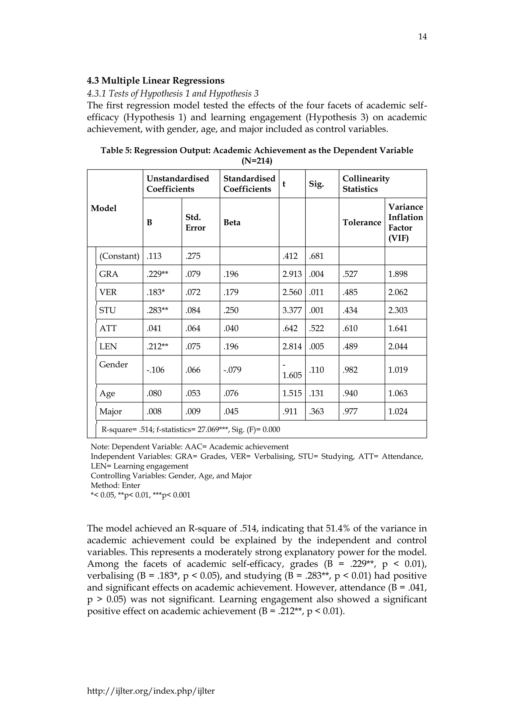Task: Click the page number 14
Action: pos(422,37)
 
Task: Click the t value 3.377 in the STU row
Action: pos(292,310)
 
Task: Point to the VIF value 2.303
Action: pos(398,310)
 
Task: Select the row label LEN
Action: pos(108,346)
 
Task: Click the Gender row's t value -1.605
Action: pos(292,370)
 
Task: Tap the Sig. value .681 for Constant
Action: pos(316,256)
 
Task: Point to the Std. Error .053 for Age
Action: pos(193,393)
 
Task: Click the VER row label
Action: pos(108,292)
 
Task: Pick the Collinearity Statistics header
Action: pos(366,184)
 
